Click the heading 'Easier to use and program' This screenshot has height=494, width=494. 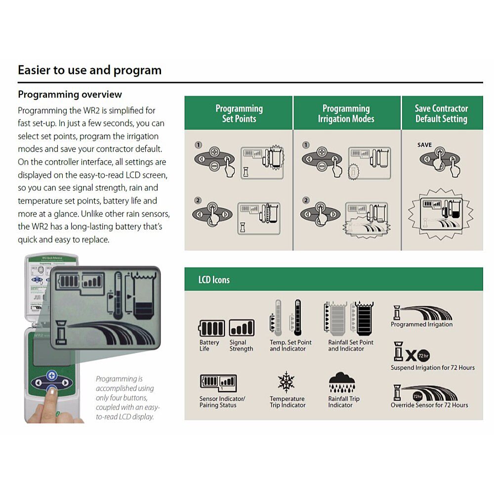tap(89, 70)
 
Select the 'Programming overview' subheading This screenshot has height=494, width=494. tap(70, 94)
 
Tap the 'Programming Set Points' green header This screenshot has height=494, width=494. tap(239, 114)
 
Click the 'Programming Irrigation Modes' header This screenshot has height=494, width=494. tap(346, 114)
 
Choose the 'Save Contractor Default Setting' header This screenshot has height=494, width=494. tap(441, 114)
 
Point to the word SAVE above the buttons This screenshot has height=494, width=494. tap(424, 145)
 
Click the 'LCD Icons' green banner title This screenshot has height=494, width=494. tap(214, 280)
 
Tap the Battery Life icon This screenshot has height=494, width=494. tap(211, 329)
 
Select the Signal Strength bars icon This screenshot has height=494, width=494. tap(242, 329)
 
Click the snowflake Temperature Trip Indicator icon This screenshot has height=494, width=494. tap(286, 382)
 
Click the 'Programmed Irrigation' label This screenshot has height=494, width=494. tap(421, 325)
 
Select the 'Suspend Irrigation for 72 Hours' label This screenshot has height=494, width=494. tap(432, 368)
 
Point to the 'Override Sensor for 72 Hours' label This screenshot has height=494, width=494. tap(429, 405)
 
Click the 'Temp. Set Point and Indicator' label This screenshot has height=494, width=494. tap(290, 345)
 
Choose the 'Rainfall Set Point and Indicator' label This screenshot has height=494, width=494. tap(351, 345)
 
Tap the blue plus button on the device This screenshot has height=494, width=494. tap(51, 375)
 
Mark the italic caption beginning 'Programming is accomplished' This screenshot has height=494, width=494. tap(127, 398)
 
